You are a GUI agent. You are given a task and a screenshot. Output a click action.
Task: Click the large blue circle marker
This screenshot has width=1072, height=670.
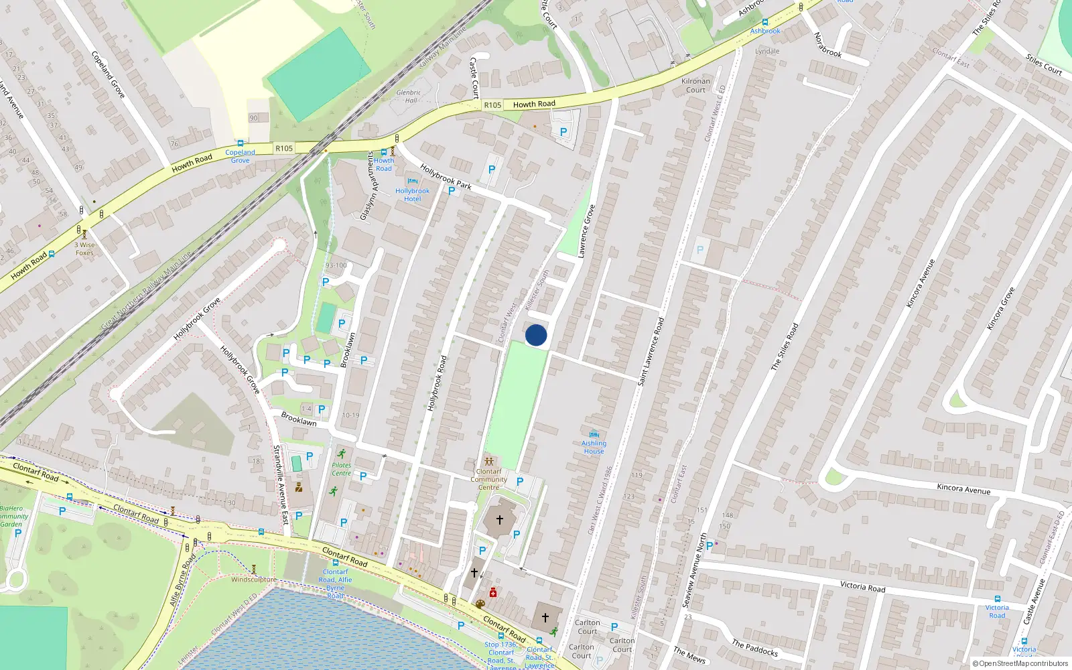pyautogui.click(x=536, y=335)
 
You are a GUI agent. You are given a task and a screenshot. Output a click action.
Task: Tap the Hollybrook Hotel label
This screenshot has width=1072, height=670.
pyautogui.click(x=412, y=195)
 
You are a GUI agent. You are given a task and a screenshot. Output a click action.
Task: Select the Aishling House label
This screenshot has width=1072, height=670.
pyautogui.click(x=594, y=447)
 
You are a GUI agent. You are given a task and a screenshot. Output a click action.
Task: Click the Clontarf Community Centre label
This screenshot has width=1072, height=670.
pyautogui.click(x=488, y=479)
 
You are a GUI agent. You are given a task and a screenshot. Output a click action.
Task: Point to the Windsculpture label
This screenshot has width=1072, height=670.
pyautogui.click(x=253, y=580)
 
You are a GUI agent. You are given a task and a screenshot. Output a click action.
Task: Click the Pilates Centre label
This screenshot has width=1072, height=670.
pyautogui.click(x=341, y=469)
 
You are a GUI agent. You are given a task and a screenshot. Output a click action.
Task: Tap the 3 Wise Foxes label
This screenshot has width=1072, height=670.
pyautogui.click(x=84, y=249)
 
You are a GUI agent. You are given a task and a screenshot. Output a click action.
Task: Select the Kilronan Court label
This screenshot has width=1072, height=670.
pyautogui.click(x=695, y=86)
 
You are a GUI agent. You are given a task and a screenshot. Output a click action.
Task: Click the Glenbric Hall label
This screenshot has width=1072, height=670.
pyautogui.click(x=409, y=96)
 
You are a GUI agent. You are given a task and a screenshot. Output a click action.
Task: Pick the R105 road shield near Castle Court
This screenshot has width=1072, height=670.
pyautogui.click(x=492, y=105)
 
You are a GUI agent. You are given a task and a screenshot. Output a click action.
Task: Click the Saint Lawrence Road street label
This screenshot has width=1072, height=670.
pyautogui.click(x=651, y=351)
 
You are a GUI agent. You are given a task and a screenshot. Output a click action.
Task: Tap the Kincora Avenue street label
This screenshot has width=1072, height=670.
pyautogui.click(x=963, y=488)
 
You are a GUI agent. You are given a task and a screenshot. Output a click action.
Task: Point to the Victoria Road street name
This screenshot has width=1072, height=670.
pyautogui.click(x=862, y=586)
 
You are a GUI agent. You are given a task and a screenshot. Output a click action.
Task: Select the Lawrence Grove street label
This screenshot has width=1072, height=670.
pyautogui.click(x=586, y=232)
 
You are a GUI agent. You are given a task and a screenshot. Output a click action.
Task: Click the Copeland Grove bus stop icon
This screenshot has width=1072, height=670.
pyautogui.click(x=240, y=143)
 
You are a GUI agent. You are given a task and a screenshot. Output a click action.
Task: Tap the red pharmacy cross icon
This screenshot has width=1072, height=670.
pyautogui.click(x=493, y=592)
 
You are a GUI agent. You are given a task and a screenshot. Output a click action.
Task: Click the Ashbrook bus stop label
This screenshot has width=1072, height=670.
pyautogui.click(x=764, y=31)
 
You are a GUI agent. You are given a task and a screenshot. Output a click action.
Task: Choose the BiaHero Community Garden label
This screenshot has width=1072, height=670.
pyautogui.click(x=13, y=516)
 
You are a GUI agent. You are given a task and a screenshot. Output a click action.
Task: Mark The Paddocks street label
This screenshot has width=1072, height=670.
pyautogui.click(x=755, y=648)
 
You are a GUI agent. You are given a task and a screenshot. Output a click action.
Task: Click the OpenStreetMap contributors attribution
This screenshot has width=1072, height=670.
pyautogui.click(x=1020, y=664)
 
